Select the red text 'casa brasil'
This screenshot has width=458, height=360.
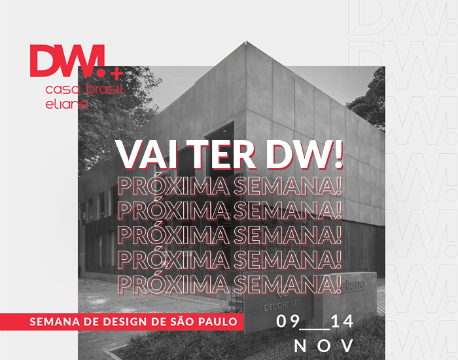[84, 89]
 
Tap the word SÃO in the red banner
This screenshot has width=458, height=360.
[190, 322]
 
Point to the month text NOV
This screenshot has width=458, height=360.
[325, 345]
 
